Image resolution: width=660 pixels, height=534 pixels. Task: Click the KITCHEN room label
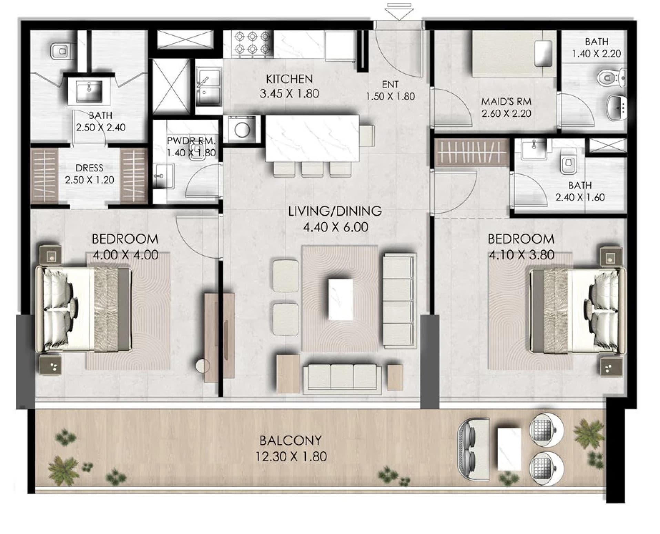[289, 79]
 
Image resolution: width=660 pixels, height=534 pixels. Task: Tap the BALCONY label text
[291, 441]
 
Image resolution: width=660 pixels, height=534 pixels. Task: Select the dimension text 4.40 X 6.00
[335, 227]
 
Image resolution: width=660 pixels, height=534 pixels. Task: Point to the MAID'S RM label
[506, 101]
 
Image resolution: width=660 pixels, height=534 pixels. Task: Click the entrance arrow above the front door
[400, 11]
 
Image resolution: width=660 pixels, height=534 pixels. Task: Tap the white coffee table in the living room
[341, 299]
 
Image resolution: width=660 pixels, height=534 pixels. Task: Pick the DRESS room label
[89, 168]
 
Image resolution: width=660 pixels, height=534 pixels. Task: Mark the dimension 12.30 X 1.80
[291, 456]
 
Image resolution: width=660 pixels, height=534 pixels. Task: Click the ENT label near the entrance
[390, 84]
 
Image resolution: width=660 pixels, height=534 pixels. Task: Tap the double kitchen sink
[208, 87]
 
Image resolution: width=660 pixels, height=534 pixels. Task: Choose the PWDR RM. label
[191, 141]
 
